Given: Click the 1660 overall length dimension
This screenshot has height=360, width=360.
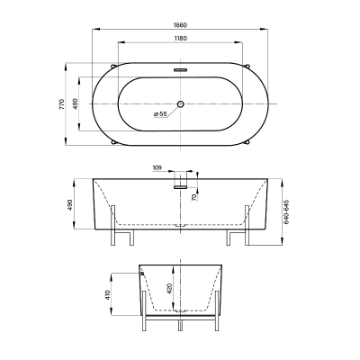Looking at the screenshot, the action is coord(180,25).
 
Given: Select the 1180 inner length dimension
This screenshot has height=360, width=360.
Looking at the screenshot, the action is coord(180,38).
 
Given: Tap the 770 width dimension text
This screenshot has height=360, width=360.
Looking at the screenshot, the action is coord(62,103).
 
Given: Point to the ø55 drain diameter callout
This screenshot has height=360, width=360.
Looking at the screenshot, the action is coord(160,114).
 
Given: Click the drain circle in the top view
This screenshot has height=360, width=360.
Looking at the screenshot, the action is coord(180,104).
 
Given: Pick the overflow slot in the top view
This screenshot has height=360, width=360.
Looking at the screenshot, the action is coord(180,70).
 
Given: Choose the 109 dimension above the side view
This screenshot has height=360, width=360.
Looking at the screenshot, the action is coord(157,167).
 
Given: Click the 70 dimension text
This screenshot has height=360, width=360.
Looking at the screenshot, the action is coord(193,197).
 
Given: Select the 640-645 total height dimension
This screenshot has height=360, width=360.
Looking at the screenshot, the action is coord(286,211).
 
